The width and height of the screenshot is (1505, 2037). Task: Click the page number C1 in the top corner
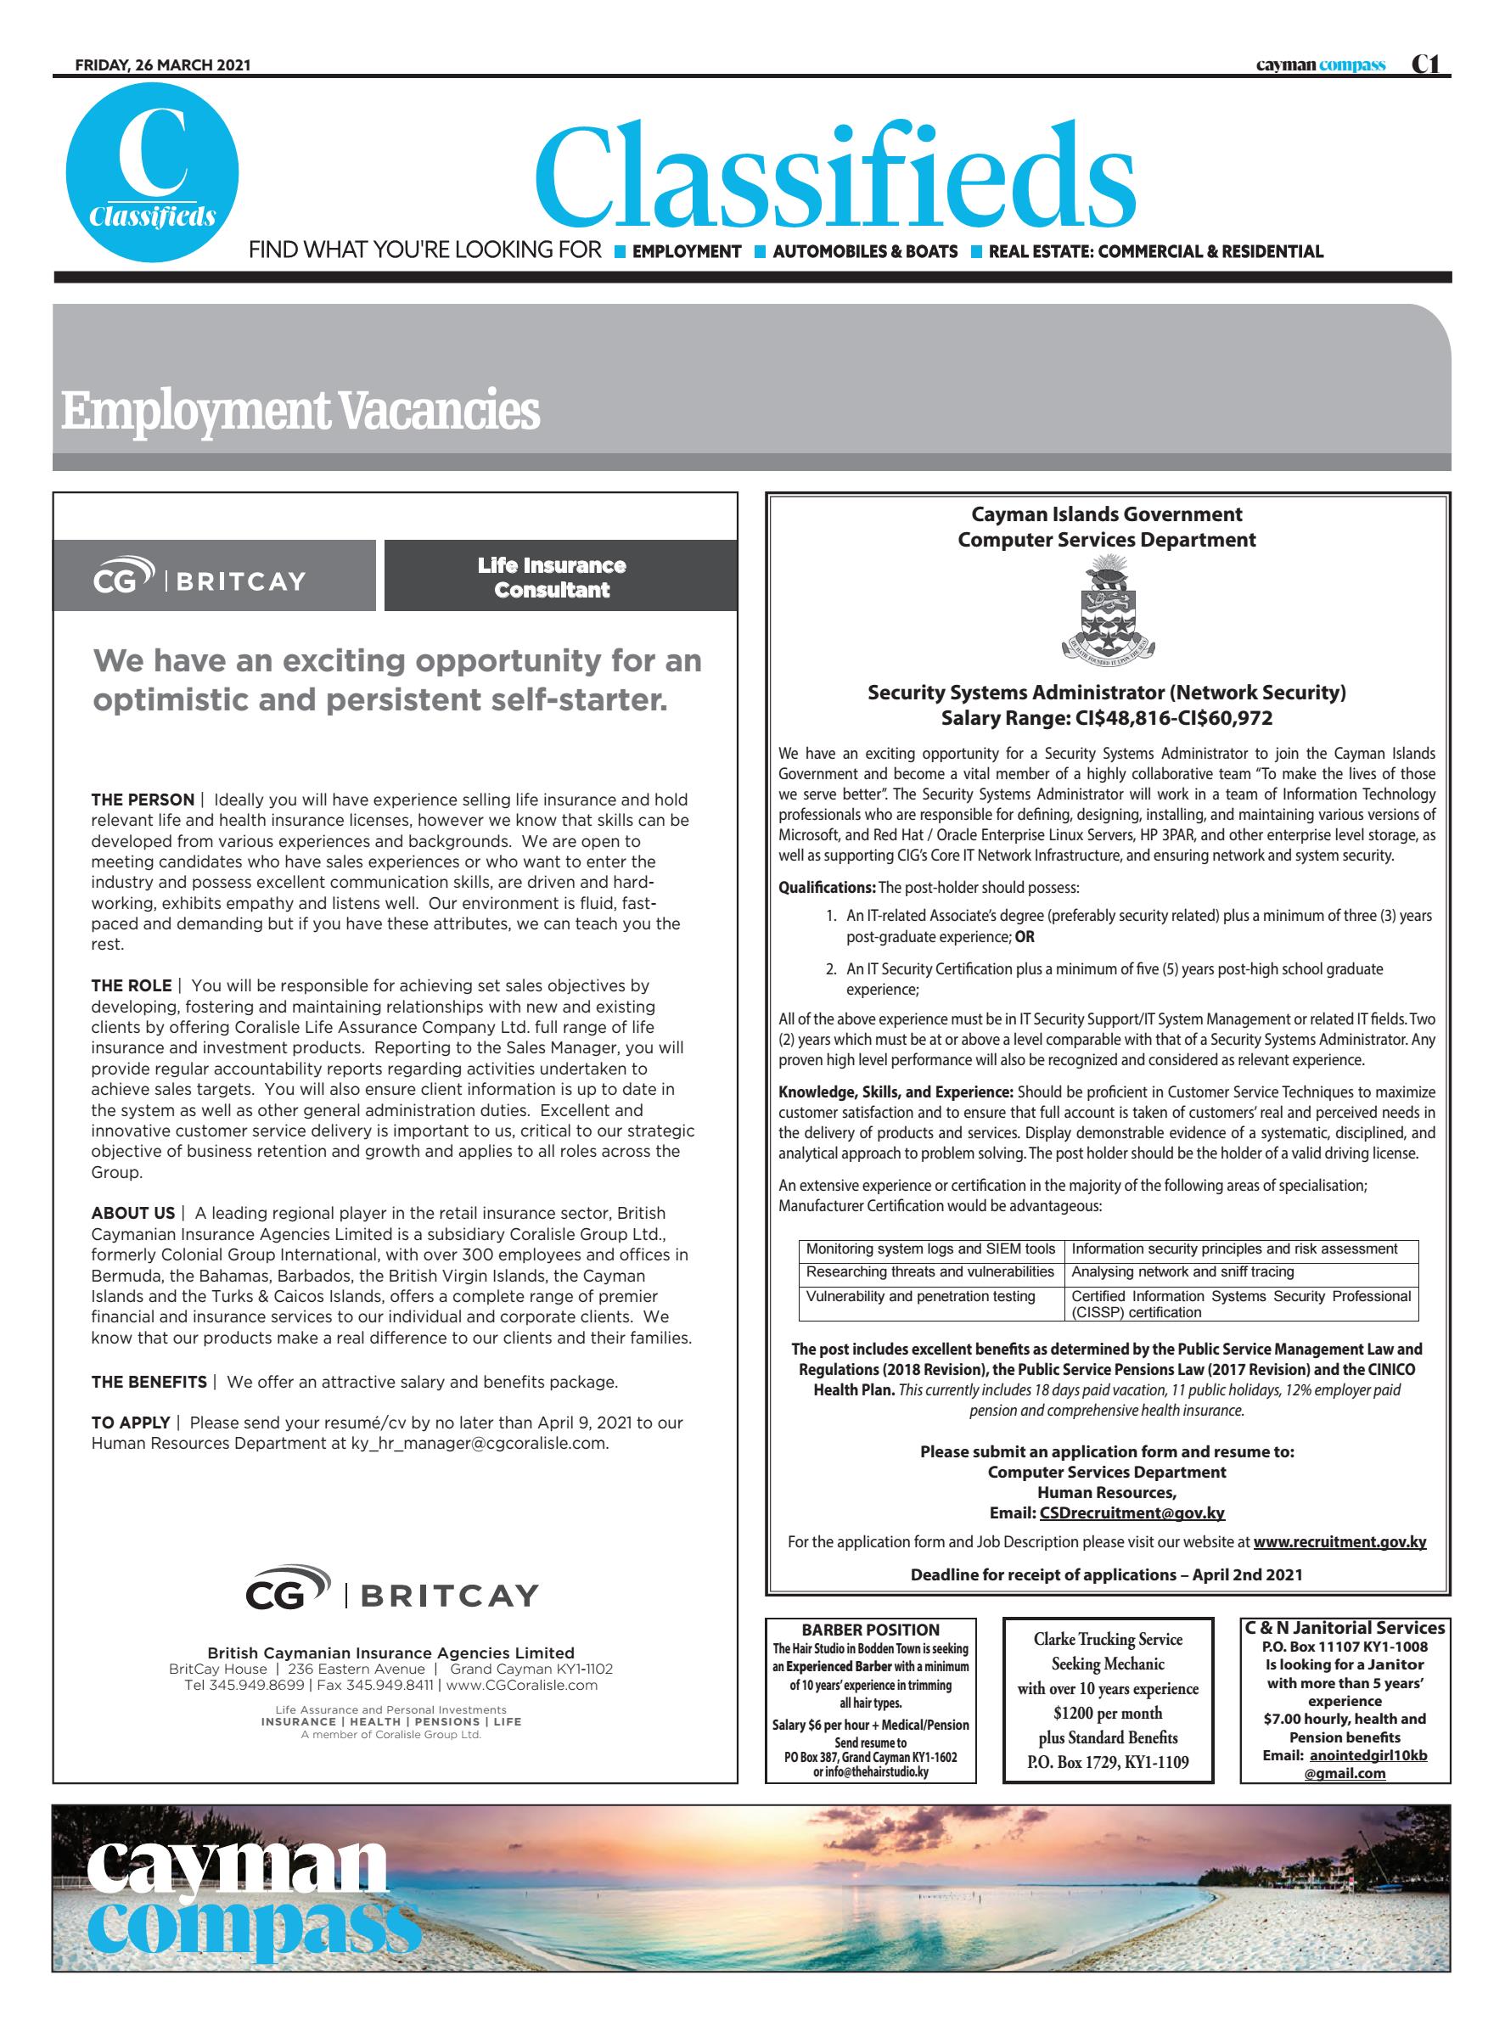[1425, 65]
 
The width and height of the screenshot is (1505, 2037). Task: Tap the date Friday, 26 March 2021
[162, 65]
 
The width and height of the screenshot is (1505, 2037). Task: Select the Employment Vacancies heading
[300, 411]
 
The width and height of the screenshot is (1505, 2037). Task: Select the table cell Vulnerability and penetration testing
[920, 1296]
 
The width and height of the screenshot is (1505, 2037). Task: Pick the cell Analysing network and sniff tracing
[1182, 1271]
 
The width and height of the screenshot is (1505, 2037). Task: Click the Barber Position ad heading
[870, 1630]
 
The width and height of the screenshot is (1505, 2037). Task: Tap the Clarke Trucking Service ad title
[1107, 1639]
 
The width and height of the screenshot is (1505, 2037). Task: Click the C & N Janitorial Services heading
[1345, 1628]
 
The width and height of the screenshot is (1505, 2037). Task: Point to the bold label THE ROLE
[132, 985]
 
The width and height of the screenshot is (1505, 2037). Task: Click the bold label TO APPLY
[130, 1423]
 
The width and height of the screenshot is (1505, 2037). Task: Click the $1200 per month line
[1107, 1713]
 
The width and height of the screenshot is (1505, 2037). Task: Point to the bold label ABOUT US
[133, 1214]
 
